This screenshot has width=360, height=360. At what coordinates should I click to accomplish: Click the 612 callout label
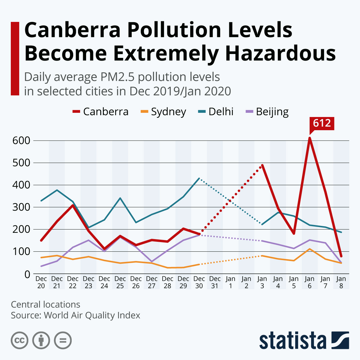pos(322,123)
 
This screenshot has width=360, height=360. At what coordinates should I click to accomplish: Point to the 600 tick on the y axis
pos(21,140)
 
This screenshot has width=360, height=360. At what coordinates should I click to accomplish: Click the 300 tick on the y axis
pos(21,207)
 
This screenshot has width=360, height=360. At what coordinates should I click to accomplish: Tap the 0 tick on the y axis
pos(27,274)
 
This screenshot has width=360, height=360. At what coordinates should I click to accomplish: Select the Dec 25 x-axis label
pos(120,282)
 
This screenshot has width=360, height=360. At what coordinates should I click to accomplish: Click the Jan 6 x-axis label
pos(310,282)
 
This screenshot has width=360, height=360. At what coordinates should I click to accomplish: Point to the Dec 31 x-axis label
pos(215,282)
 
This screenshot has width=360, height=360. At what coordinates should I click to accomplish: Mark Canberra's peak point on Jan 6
pos(310,138)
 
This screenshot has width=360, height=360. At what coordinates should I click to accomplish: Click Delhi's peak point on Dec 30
pos(199,178)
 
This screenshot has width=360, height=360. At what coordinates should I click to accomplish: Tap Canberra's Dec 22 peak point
pos(73,205)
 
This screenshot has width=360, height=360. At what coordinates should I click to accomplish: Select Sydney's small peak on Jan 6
pos(310,249)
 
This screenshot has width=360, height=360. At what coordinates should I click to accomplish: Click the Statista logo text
pos(292,341)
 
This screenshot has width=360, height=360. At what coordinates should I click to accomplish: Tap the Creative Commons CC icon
pos(19,340)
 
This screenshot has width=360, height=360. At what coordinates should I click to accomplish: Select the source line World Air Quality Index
pos(92,315)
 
